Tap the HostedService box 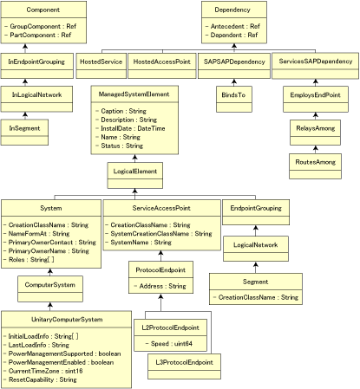[101, 62]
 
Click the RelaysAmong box [313, 134]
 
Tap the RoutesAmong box [313, 162]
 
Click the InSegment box [24, 127]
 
